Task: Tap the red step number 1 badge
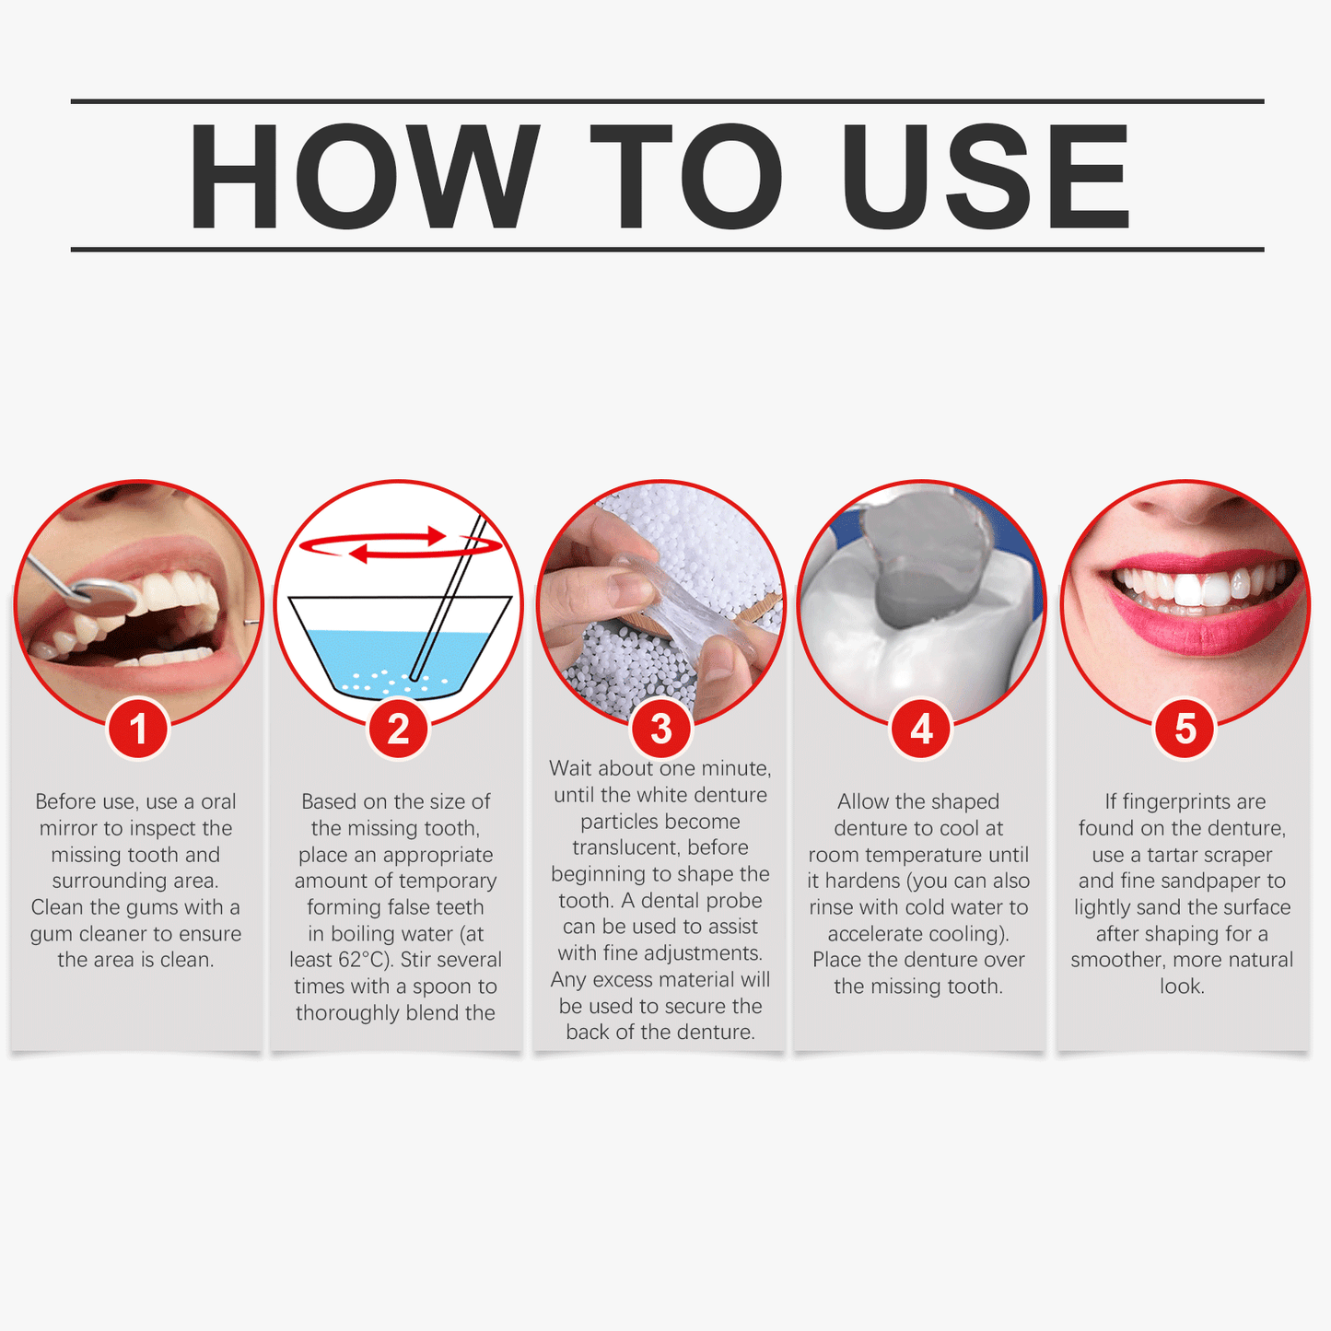(138, 730)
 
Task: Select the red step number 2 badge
(398, 730)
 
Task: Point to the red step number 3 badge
(660, 730)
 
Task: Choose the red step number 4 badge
(921, 730)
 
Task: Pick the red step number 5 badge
(1185, 730)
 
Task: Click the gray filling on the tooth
(921, 571)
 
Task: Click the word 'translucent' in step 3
(623, 847)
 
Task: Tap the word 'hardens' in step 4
(862, 881)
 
